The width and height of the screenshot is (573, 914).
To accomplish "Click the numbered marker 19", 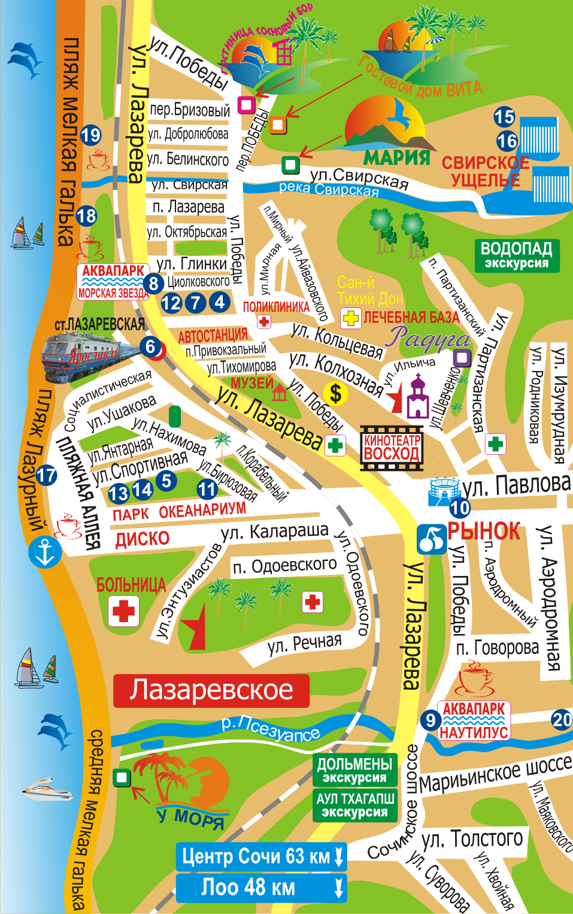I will pos(90,135).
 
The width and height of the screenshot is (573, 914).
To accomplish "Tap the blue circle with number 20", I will pos(562,719).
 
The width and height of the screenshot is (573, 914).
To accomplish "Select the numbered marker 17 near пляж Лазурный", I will pos(46,476).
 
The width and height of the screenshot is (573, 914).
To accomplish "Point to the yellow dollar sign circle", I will pos(335,394).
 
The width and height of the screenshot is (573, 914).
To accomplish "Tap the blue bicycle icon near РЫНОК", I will pos(431,539).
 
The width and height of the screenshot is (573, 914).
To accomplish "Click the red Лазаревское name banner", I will pos(211,690).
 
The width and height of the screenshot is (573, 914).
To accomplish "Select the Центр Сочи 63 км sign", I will pos(261,856).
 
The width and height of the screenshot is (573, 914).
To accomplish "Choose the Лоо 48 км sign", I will pos(261,887).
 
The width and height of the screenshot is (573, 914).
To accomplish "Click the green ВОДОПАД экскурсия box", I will pos(517,255).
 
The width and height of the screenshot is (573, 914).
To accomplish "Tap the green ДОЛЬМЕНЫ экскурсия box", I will pos(354,770).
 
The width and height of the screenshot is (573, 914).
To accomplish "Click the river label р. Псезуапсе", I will pos(271,728).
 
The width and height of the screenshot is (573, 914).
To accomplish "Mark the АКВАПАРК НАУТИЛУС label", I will pos(474,720).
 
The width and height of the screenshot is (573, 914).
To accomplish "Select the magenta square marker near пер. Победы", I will pos(246,105).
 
